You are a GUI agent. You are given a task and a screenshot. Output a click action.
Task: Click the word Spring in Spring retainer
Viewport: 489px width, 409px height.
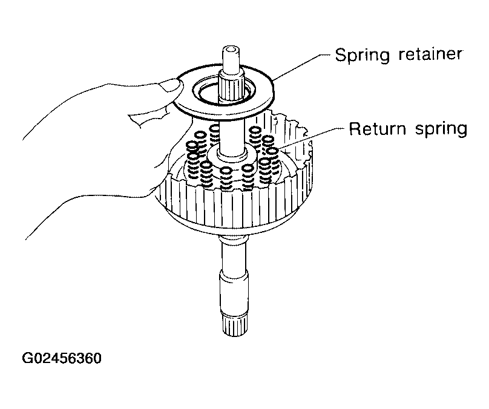point(363,56)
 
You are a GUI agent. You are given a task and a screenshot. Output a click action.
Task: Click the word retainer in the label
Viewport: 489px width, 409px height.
point(431,54)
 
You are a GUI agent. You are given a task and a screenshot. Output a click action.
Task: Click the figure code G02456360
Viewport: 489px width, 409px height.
point(62,358)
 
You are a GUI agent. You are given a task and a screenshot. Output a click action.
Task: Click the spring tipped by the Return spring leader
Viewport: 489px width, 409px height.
point(272,161)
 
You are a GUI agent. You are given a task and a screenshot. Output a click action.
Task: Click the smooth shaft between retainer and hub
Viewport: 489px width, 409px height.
point(231,134)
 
